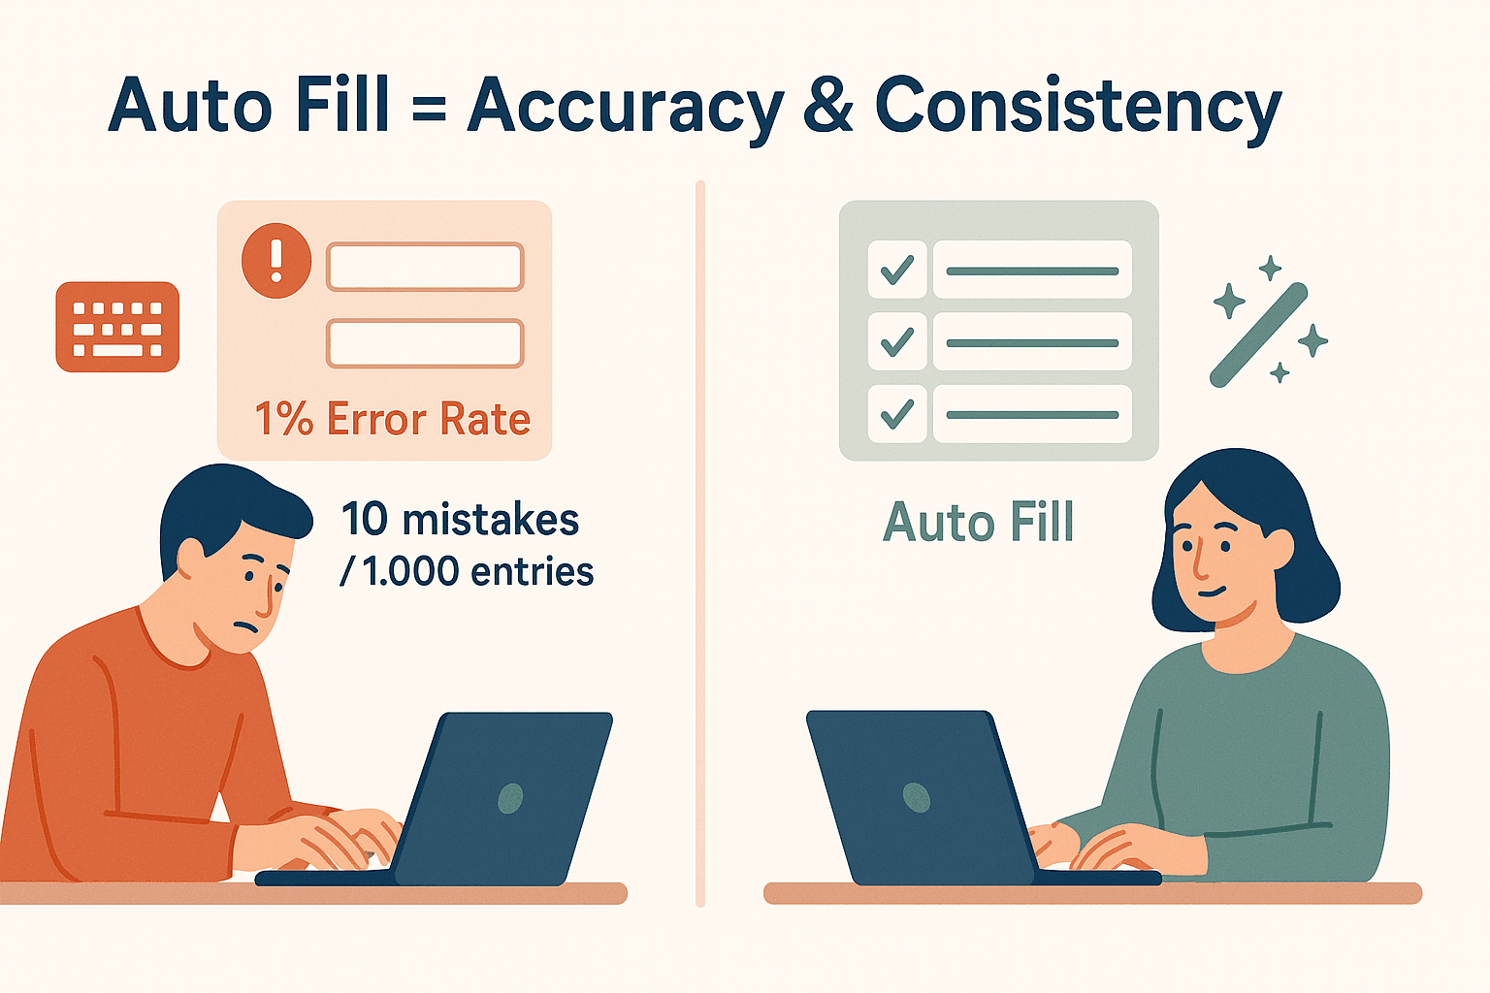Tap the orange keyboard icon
(x=117, y=327)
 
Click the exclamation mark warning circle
(x=276, y=260)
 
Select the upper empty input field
(x=425, y=267)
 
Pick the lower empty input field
(x=425, y=344)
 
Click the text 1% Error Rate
(x=393, y=419)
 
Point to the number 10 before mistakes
(x=365, y=519)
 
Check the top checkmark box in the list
(x=897, y=270)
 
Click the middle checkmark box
(x=897, y=341)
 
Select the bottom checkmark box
(x=897, y=414)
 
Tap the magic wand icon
(x=1259, y=335)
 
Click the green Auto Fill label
(x=978, y=522)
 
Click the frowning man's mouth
(x=245, y=625)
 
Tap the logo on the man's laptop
(x=510, y=798)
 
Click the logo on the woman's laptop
(x=916, y=797)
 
